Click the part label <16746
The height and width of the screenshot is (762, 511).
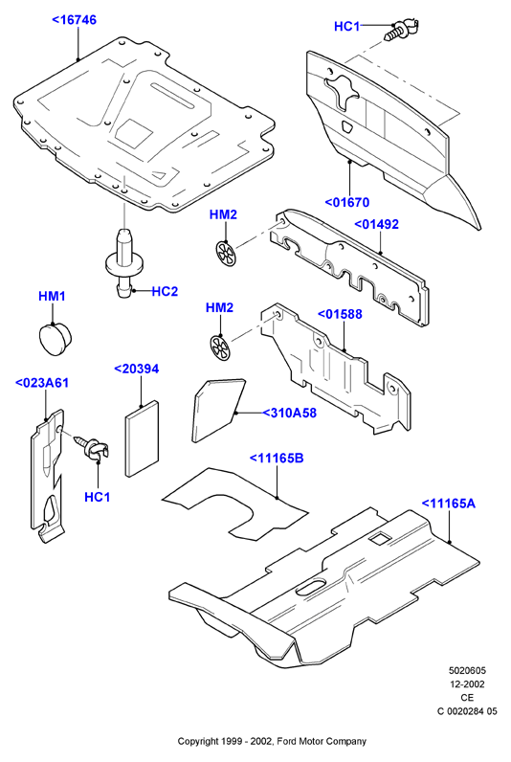pos(74,20)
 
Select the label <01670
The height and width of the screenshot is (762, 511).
pos(346,202)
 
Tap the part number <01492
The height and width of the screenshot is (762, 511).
pos(376,224)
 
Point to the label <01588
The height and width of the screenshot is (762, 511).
pos(340,314)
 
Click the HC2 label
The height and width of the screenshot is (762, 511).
pos(165,291)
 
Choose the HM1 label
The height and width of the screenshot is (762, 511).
pos(52,296)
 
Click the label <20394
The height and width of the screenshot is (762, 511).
pos(136,369)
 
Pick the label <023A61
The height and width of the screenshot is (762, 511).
pos(42,383)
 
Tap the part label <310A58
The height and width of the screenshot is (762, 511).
pos(290,413)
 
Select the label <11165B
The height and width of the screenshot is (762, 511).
pos(277,458)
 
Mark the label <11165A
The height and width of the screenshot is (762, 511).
pos(449,503)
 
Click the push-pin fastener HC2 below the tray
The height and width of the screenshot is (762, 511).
pos(123,262)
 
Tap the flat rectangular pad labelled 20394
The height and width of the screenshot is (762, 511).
pos(143,438)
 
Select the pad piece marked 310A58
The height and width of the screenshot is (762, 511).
pos(218,410)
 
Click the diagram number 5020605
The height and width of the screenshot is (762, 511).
pos(467,671)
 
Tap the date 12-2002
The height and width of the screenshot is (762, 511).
pos(467,684)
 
